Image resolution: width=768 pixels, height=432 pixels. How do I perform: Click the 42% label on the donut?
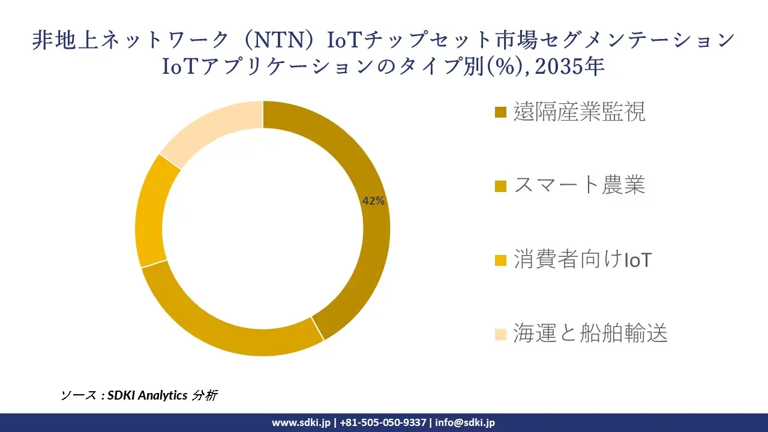click(373, 202)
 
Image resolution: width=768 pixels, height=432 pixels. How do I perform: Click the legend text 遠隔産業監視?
click(579, 112)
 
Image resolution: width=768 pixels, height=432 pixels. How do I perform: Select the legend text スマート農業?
click(579, 186)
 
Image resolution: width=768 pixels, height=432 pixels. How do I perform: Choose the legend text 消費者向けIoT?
click(582, 260)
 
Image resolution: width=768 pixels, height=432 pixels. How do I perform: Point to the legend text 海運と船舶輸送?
click(590, 334)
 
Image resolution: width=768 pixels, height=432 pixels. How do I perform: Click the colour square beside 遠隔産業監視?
click(501, 112)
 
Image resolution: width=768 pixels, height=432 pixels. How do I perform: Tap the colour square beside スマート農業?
click(501, 187)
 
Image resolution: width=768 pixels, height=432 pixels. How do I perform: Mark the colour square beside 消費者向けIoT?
click(501, 260)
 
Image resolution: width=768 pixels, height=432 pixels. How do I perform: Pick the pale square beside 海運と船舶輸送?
click(501, 334)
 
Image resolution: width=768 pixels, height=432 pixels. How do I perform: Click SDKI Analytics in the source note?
click(148, 395)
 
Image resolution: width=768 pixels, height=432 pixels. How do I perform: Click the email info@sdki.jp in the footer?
click(465, 422)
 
